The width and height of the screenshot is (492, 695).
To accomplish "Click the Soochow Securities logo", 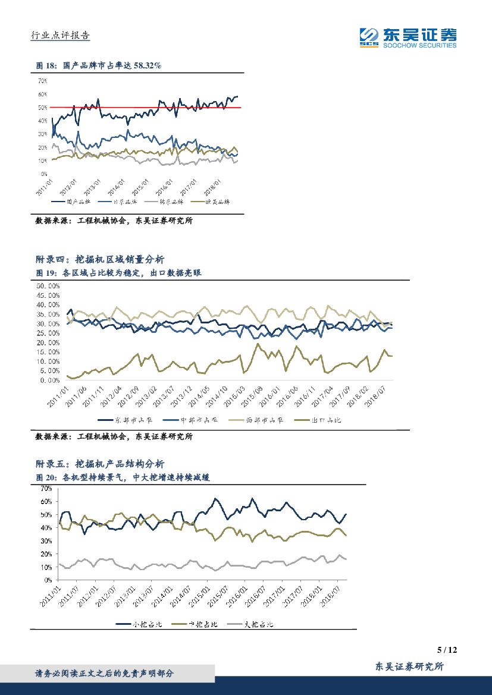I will (x=408, y=37).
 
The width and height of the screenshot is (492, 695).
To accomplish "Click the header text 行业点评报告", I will (x=60, y=36).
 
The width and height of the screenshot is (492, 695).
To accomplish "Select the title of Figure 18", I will (x=98, y=66).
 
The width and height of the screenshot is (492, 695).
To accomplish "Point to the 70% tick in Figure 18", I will (x=42, y=81).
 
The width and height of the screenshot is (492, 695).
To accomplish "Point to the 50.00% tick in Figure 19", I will (x=48, y=286).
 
